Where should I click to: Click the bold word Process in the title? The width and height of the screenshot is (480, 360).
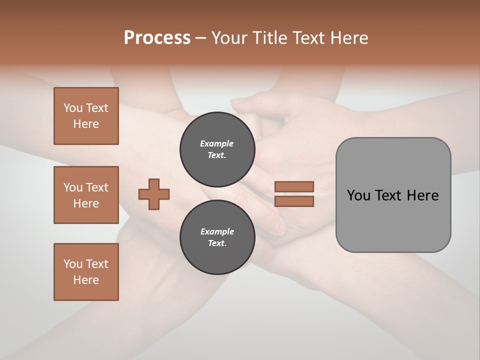tap(157, 38)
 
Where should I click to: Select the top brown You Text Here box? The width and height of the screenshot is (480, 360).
tap(86, 116)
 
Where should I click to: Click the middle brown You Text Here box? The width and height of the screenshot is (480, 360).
tap(86, 195)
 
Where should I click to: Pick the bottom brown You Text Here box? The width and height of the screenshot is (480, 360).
tap(86, 272)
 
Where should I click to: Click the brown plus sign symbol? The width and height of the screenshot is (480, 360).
tap(154, 194)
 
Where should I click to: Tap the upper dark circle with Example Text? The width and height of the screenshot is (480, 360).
tap(217, 149)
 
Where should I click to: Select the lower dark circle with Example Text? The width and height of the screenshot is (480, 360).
tap(217, 237)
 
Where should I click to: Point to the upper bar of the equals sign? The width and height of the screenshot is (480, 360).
tap(294, 186)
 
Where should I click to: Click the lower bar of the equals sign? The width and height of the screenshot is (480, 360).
tap(294, 201)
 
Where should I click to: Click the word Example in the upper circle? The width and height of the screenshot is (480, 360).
tap(216, 143)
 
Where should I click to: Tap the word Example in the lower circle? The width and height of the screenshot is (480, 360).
tap(217, 231)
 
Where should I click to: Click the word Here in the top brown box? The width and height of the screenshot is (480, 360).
tap(86, 124)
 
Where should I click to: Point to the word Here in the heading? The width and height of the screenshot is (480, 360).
tap(349, 38)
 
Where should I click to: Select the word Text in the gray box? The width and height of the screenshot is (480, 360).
tap(388, 195)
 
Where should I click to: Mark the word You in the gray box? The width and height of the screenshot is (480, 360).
tap(358, 195)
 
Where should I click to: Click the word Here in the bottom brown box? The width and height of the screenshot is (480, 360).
tap(86, 280)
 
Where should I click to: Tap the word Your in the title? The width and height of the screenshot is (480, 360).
tap(229, 38)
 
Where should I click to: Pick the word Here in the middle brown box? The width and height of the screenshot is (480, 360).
tap(86, 203)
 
